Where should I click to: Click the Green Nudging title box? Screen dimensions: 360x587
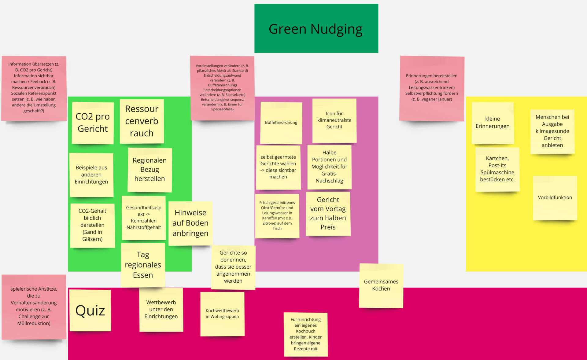pos(316,28)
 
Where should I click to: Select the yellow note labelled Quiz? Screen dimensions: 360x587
pos(90,310)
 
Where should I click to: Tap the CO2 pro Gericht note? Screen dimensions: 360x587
pos(93,123)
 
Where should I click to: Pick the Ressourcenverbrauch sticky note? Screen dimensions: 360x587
pos(142,121)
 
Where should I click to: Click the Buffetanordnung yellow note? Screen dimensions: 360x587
pos(281,123)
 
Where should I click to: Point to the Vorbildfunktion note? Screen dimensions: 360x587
pos(555,198)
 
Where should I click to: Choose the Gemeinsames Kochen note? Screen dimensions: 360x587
pos(381,285)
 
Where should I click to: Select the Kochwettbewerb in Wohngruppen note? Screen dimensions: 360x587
pos(222,314)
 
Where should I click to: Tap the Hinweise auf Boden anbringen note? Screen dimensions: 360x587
pos(190,223)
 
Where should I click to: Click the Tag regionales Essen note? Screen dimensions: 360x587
pos(143,265)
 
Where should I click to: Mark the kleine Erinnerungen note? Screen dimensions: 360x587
pos(493,123)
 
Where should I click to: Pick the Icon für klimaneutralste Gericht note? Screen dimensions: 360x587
pos(334,120)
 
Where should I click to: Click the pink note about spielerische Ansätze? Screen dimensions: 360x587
pos(34,306)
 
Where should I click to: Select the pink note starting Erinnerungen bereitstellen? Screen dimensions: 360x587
pos(431,88)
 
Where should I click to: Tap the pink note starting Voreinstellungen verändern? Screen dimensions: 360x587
pos(222,88)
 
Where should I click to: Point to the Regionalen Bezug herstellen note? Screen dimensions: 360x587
pos(150,170)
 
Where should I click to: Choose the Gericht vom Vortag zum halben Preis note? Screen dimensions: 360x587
pos(328,214)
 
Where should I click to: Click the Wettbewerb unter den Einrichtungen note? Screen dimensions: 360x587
pos(161,310)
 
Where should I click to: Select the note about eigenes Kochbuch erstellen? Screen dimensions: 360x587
pos(305,334)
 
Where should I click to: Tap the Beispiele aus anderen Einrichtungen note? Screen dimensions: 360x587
pos(91,175)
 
